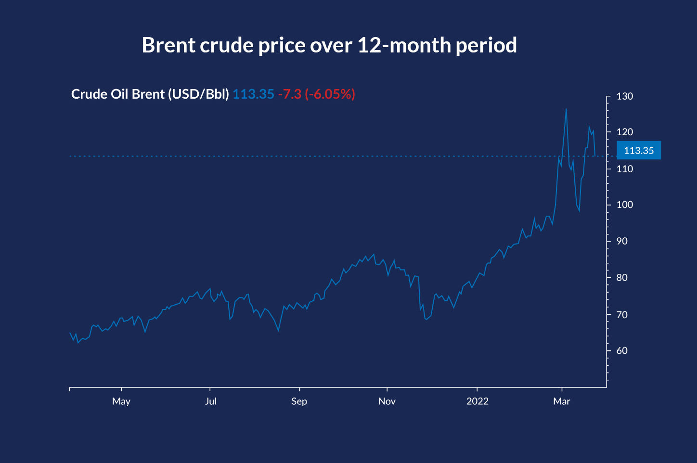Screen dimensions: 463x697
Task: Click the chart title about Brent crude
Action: [329, 45]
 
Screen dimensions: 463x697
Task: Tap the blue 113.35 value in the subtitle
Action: [253, 94]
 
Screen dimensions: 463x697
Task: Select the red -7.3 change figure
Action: [289, 94]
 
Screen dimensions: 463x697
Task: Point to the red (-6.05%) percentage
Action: [330, 94]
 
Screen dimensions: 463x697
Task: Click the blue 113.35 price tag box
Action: [639, 151]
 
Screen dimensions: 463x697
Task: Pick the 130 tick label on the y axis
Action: [625, 96]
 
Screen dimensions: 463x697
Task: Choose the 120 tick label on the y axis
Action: [625, 132]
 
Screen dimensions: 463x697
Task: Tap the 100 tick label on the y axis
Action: [625, 205]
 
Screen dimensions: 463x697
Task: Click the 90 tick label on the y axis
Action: [622, 241]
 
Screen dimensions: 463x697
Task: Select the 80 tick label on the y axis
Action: [622, 277]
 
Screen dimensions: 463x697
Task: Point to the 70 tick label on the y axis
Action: [622, 315]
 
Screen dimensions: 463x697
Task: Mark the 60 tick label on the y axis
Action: [622, 351]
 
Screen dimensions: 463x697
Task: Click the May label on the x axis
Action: [121, 401]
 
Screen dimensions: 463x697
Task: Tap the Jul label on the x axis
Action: [210, 401]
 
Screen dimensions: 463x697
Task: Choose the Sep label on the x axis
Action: [299, 401]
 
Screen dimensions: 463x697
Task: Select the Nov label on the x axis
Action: [387, 401]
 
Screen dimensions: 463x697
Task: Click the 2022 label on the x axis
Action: [477, 401]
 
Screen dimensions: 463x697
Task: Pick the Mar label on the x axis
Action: [561, 401]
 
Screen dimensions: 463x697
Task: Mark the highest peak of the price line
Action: [566, 109]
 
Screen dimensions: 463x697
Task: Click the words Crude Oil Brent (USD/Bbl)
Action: [150, 94]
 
